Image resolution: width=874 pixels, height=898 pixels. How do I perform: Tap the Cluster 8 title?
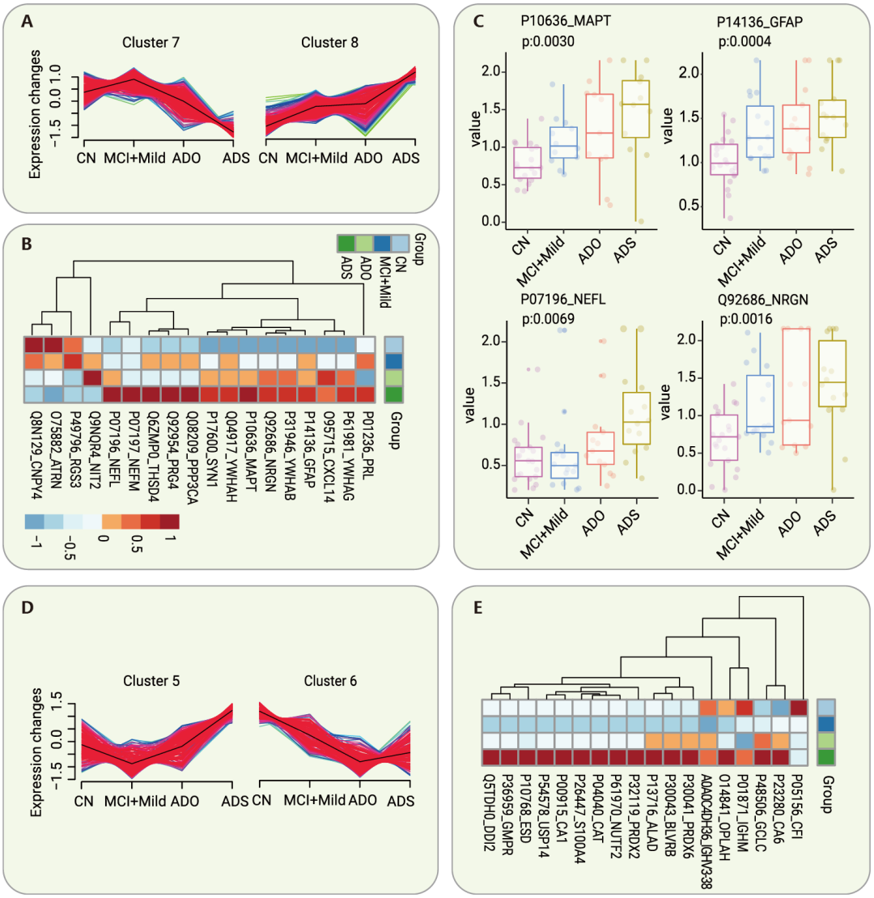(329, 42)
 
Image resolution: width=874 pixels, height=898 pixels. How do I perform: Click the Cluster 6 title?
(329, 681)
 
